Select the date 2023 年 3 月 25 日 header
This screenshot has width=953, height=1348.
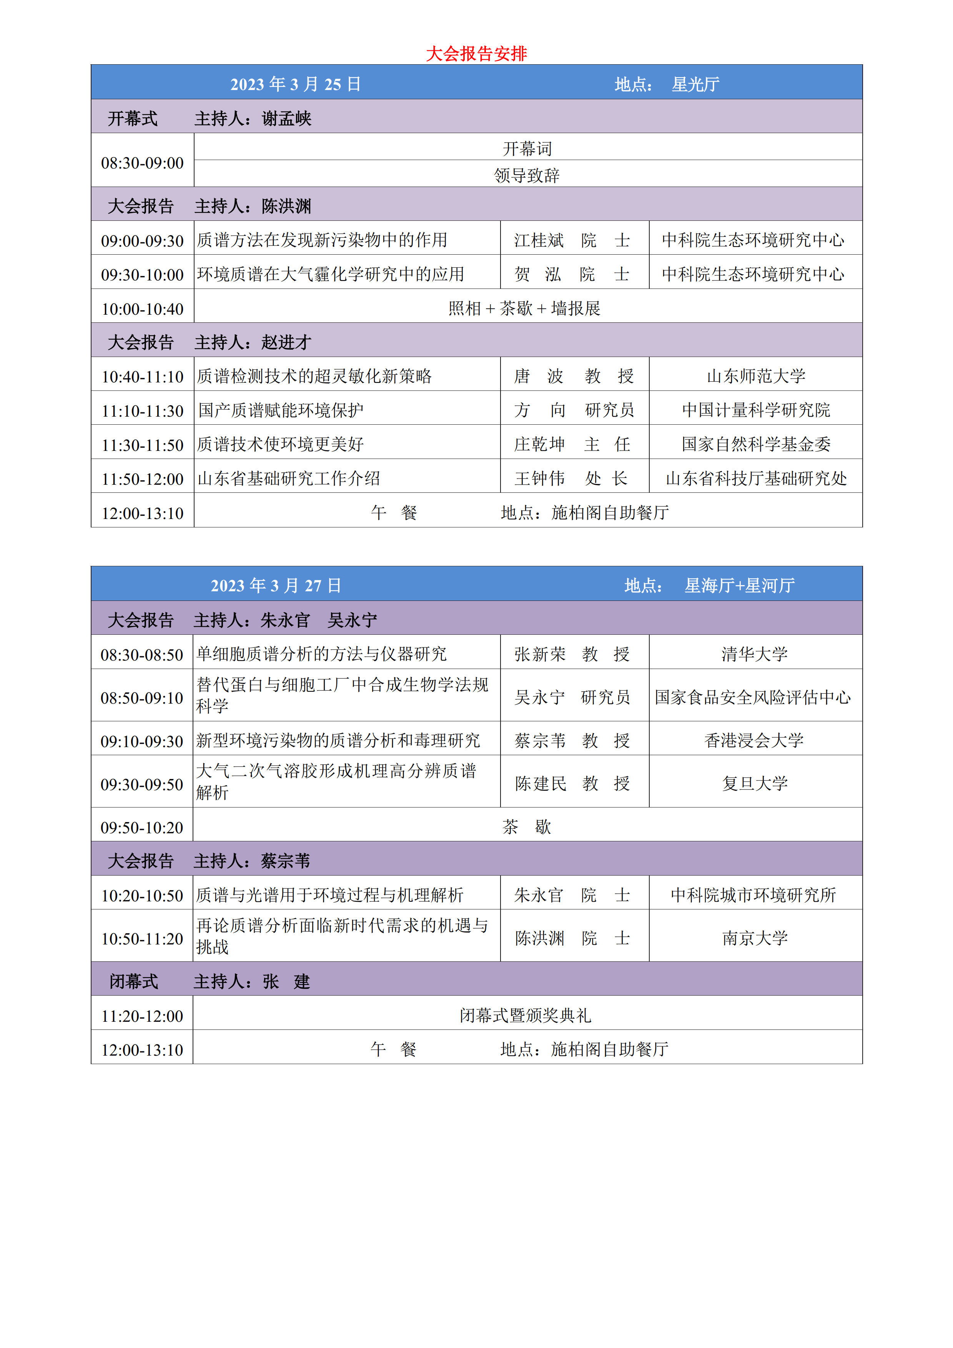[295, 84]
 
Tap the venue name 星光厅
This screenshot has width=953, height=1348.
[695, 84]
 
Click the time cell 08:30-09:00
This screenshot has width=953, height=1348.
[143, 163]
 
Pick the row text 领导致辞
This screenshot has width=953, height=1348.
[527, 175]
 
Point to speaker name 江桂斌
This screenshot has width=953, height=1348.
[539, 240]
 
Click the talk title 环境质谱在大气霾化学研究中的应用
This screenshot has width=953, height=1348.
[330, 274]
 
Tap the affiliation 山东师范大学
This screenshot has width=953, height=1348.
[756, 376]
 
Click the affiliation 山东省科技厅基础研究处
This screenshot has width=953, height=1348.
[756, 479]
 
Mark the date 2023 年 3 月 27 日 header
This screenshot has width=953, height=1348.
[276, 586]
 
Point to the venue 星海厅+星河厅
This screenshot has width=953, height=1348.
[739, 586]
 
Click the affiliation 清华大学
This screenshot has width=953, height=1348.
[755, 654]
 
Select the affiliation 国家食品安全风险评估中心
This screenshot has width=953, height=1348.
[753, 697]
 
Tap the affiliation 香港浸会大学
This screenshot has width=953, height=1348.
[754, 740]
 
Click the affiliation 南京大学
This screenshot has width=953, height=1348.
[755, 938]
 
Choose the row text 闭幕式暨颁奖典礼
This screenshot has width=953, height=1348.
[525, 1016]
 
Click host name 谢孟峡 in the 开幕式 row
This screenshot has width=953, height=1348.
[286, 118]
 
